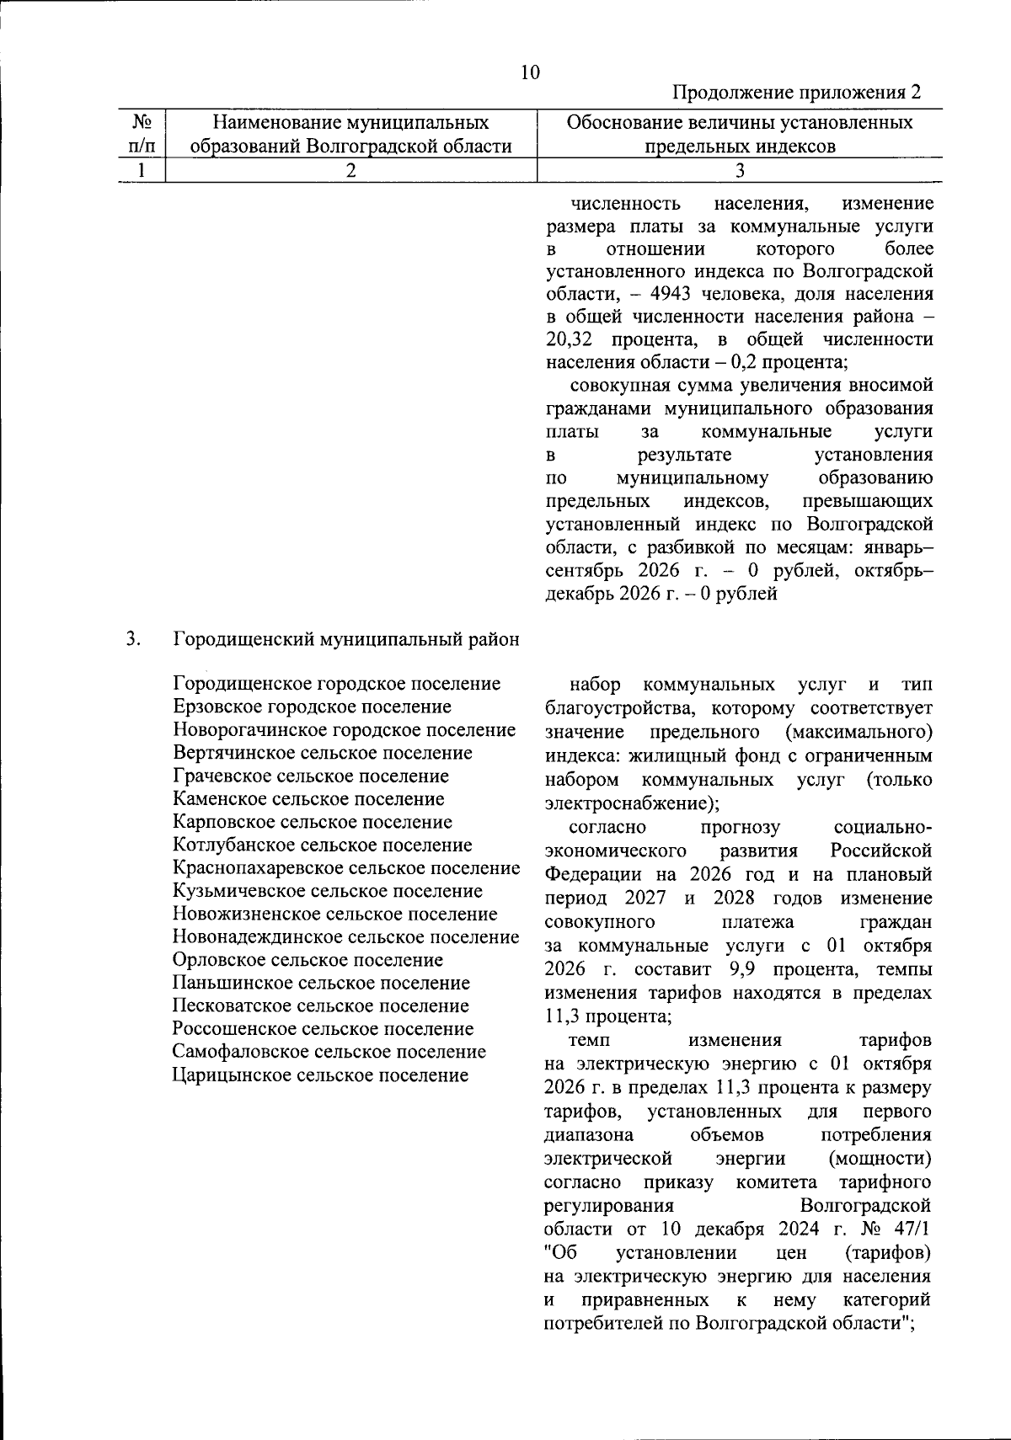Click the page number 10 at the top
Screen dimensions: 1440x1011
coord(530,72)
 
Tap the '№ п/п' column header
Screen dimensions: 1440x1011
coord(142,135)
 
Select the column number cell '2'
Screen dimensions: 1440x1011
coord(351,170)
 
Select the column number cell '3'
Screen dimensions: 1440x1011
coord(740,170)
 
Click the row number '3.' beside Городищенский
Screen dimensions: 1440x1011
coord(133,638)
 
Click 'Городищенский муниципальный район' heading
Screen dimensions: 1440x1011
coord(346,638)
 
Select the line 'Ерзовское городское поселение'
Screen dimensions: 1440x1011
coord(312,707)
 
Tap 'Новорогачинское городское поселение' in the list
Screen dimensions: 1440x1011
coord(344,730)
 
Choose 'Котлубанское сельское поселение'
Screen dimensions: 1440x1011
coord(322,845)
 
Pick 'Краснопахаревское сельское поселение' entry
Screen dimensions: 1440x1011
coord(345,868)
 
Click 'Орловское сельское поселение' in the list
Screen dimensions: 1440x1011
coord(308,960)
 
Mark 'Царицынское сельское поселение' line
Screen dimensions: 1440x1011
coord(320,1075)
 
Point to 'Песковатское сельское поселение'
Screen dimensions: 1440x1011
coord(320,1005)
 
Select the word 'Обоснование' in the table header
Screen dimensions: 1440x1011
coord(622,123)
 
